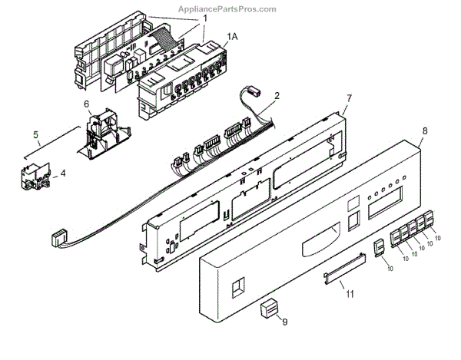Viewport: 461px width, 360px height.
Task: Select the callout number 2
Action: [x=276, y=97]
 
